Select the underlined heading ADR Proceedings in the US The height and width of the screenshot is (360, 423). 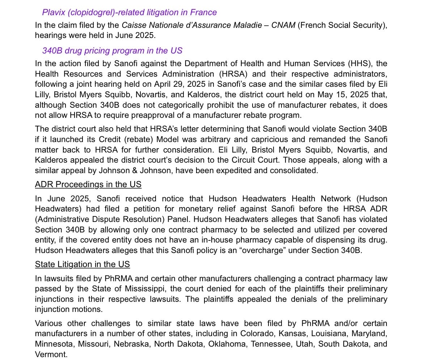click(x=88, y=185)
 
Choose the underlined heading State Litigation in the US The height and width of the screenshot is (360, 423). click(x=82, y=265)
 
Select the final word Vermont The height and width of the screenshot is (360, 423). click(x=51, y=355)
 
